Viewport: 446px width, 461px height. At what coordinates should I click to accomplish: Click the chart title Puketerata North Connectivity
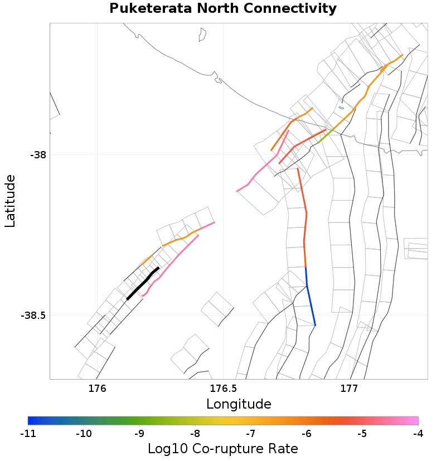[x=222, y=9]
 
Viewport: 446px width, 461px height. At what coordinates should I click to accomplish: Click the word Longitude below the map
[x=239, y=404]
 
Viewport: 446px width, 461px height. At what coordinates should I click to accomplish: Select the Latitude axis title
[x=10, y=201]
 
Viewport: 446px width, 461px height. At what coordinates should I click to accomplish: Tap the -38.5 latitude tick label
[x=33, y=316]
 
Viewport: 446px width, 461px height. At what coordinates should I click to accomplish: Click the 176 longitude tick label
[x=97, y=389]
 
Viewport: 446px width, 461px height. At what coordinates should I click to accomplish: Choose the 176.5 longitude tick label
[x=223, y=389]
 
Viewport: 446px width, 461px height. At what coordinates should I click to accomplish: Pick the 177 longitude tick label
[x=349, y=389]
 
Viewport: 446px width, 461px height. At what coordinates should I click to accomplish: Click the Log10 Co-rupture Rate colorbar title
[x=222, y=449]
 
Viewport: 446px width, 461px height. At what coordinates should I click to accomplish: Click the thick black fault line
[x=143, y=283]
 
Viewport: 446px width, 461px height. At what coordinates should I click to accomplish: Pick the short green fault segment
[x=326, y=135]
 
